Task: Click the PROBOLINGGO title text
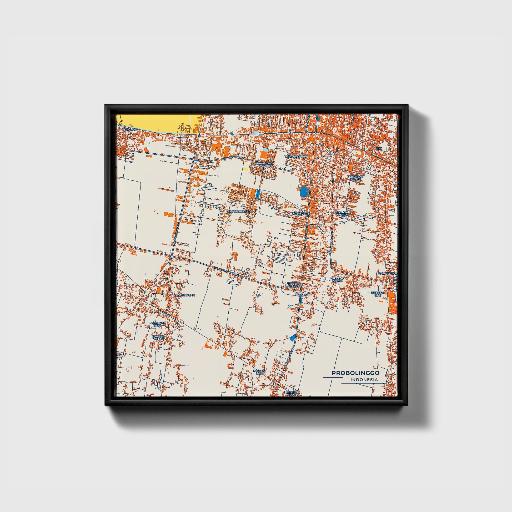[355, 373]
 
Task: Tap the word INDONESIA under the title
[364, 380]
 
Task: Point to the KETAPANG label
[130, 130]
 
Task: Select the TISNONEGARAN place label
[296, 156]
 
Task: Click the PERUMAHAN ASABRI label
[264, 165]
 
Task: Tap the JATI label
[379, 149]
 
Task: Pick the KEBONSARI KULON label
[355, 178]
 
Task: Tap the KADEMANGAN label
[184, 295]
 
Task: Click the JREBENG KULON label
[293, 285]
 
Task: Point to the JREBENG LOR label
[377, 294]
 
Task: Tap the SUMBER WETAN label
[158, 337]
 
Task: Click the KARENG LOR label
[259, 372]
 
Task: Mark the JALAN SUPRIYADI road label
[233, 158]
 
